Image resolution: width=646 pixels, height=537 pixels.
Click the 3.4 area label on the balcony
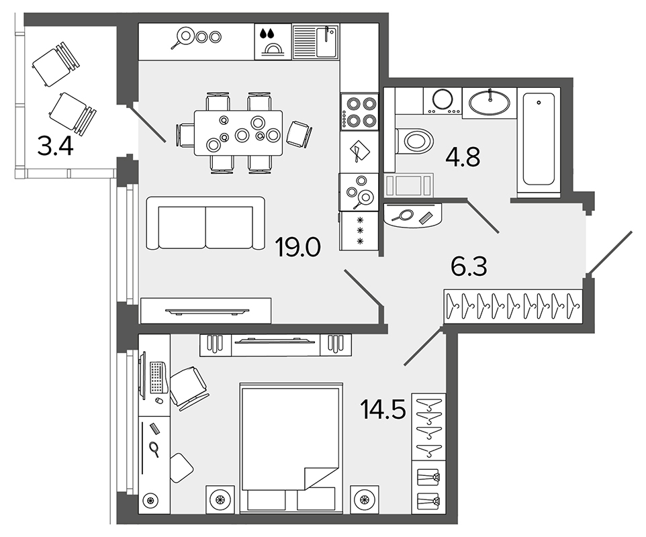coord(55,146)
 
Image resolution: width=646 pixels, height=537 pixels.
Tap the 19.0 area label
coord(297,248)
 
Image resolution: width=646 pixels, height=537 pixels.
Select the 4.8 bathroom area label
coord(463,157)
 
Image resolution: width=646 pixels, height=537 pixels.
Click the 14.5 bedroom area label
coord(383,409)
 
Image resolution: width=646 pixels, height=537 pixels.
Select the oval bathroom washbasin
coord(490,102)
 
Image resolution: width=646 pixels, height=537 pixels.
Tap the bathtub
coord(539,140)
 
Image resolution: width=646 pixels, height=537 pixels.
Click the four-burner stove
coord(359,111)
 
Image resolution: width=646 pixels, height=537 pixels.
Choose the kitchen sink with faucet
coord(316,42)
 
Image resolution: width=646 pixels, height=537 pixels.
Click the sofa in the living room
coord(205,223)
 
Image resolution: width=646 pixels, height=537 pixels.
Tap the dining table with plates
coord(238,133)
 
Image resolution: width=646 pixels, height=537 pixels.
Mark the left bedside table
coord(220,499)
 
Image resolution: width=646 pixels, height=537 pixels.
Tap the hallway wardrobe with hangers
coord(513,306)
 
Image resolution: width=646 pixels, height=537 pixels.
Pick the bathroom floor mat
coord(409,184)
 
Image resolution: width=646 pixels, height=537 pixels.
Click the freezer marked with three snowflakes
coord(359,231)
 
